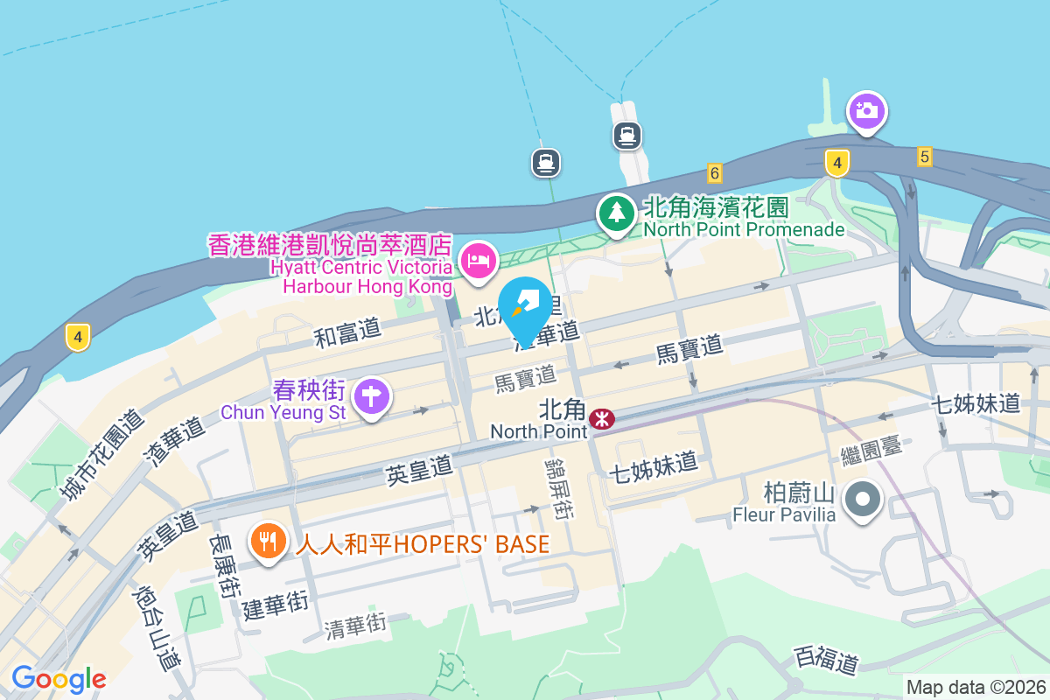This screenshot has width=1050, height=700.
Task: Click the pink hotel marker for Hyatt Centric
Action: [x=479, y=260]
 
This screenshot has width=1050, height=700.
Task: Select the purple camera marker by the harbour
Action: [x=866, y=111]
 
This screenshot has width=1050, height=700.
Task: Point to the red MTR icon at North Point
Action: [x=601, y=419]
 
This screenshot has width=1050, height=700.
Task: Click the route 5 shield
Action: [x=925, y=157]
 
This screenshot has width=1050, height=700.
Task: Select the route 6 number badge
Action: [x=715, y=172]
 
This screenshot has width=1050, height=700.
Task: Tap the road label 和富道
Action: [x=348, y=332]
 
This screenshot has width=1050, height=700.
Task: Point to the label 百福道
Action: [x=826, y=659]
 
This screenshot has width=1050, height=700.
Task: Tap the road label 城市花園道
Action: [x=102, y=455]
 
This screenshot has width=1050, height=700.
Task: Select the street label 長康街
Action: [x=223, y=566]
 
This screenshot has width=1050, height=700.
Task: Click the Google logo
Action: [x=59, y=678]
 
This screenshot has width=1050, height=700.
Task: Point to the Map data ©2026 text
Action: [x=976, y=687]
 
